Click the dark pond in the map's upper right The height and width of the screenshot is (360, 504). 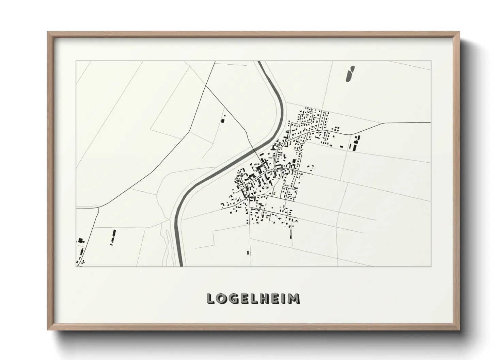350,74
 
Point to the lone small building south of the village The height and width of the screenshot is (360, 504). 248,252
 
